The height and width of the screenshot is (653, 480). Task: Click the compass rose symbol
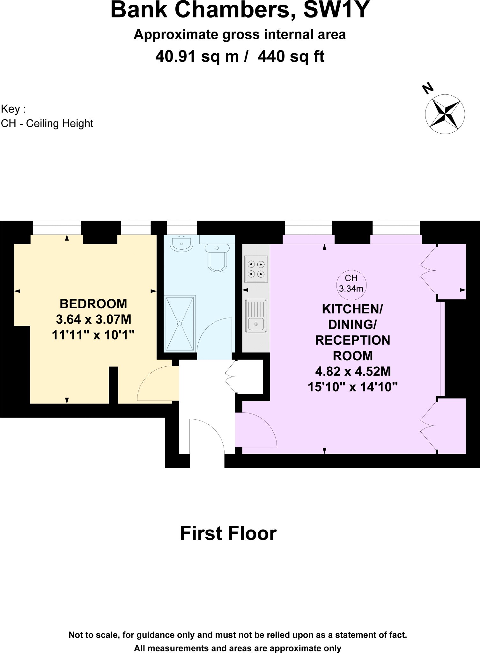[445, 114]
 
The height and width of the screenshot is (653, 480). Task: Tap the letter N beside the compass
[427, 88]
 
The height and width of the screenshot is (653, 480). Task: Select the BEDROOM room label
[93, 304]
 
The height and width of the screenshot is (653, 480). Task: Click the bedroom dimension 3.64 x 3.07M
[93, 319]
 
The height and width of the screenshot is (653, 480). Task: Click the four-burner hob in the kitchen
[256, 269]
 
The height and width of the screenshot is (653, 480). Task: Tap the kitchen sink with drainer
[256, 316]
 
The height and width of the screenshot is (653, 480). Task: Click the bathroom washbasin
[181, 243]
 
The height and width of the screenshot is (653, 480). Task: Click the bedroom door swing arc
[156, 384]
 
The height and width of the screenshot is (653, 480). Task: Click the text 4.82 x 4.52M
[353, 371]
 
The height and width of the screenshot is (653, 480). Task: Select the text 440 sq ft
[291, 57]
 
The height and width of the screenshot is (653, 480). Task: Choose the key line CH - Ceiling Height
[47, 123]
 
